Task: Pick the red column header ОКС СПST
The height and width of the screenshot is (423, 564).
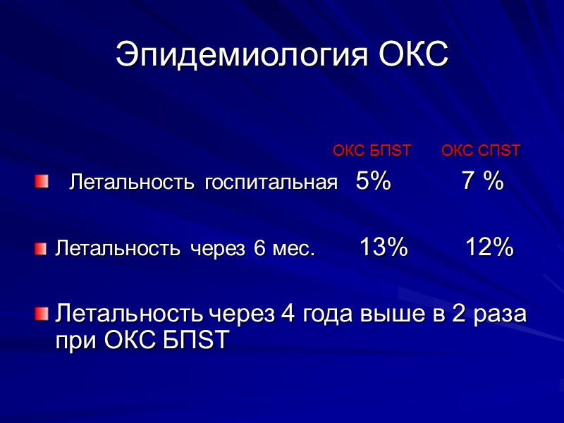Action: tap(481, 150)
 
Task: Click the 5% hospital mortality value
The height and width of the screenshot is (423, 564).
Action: tap(374, 182)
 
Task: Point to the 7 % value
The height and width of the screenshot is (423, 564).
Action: tap(482, 182)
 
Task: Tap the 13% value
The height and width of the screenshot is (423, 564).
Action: tap(384, 247)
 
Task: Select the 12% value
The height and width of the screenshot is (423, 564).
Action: tap(489, 247)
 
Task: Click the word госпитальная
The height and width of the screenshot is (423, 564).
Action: tap(271, 184)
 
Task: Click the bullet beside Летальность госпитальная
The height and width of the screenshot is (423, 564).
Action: tap(42, 183)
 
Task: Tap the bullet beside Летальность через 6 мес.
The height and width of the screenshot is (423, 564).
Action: tap(42, 248)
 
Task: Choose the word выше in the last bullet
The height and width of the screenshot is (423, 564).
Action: tap(388, 314)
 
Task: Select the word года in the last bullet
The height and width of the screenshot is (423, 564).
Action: tap(330, 314)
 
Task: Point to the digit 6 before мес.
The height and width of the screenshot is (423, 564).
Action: tap(258, 249)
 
